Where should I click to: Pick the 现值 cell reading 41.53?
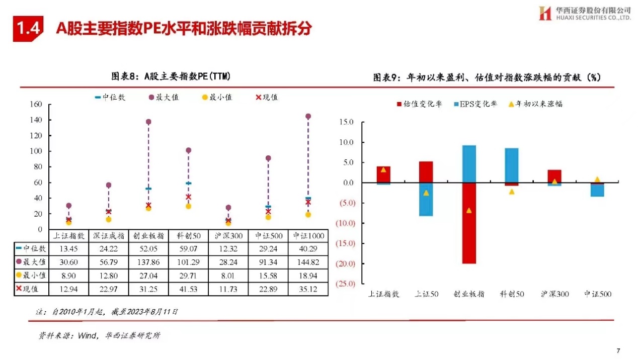tap(188, 289)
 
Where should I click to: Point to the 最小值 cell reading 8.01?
tap(228, 275)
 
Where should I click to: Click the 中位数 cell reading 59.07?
tap(188, 248)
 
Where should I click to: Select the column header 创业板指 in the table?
tap(148, 235)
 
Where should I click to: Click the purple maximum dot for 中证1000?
tap(308, 116)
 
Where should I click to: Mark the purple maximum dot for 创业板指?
tap(148, 122)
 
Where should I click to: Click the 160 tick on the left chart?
tap(35, 105)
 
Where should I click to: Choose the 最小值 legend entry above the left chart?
tap(217, 97)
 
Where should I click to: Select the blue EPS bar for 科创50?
tap(511, 165)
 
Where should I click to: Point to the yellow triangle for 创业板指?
tap(468, 210)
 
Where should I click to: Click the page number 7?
tap(618, 350)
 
